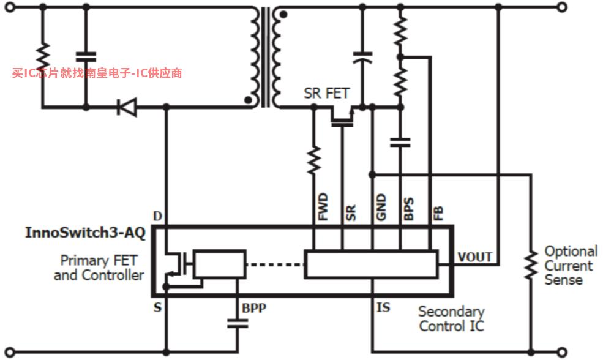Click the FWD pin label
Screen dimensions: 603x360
coord(323,206)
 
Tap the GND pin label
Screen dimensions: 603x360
coord(381,207)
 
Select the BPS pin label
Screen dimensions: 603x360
coord(409,209)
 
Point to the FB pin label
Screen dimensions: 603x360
coord(438,213)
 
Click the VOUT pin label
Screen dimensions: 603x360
coord(474,257)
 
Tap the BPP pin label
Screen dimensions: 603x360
coord(254,308)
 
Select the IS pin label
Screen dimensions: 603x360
coord(383,307)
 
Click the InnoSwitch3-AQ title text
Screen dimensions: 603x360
coord(85,233)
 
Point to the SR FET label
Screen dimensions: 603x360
coord(326,93)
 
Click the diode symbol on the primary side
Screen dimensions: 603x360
coord(127,107)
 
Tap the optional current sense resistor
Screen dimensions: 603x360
coord(531,264)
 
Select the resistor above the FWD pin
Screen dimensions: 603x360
coord(314,159)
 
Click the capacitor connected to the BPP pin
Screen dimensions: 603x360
coord(238,323)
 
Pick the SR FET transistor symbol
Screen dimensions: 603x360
coord(342,117)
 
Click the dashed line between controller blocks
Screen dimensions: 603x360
coord(275,264)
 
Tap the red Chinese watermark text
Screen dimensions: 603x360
coord(97,73)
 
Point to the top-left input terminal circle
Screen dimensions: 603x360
coord(10,7)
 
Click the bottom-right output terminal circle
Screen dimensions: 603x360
coord(562,352)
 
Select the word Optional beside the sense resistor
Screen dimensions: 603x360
coord(571,252)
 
